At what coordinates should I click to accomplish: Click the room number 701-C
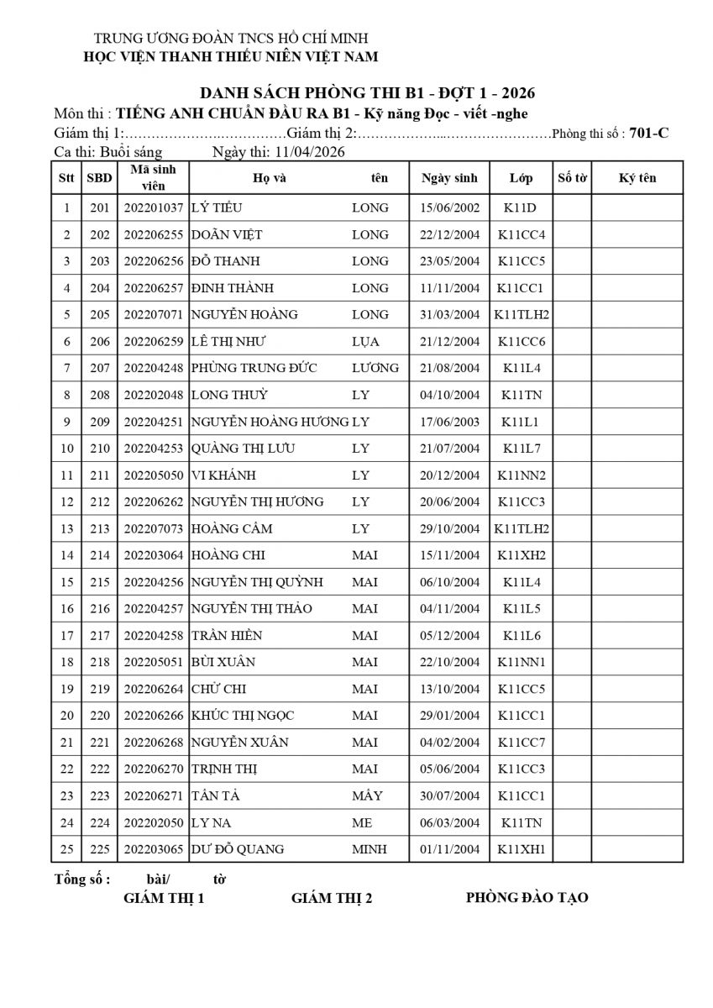[648, 132]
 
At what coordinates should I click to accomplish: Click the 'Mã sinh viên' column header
[153, 177]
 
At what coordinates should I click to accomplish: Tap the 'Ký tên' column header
[637, 177]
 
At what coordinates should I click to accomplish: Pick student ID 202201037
[153, 207]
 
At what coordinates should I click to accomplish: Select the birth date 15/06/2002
[450, 207]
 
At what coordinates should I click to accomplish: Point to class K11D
[521, 207]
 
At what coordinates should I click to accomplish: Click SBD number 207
[100, 368]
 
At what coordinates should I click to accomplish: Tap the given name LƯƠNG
[375, 368]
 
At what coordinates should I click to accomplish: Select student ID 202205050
[153, 475]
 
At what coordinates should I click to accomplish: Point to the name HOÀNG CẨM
[232, 529]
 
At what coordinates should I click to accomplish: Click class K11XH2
[521, 555]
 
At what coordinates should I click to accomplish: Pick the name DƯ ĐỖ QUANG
[238, 849]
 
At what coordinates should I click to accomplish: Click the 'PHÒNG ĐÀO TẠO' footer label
[527, 898]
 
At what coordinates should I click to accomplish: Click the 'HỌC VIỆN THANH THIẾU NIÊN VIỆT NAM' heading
[230, 56]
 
